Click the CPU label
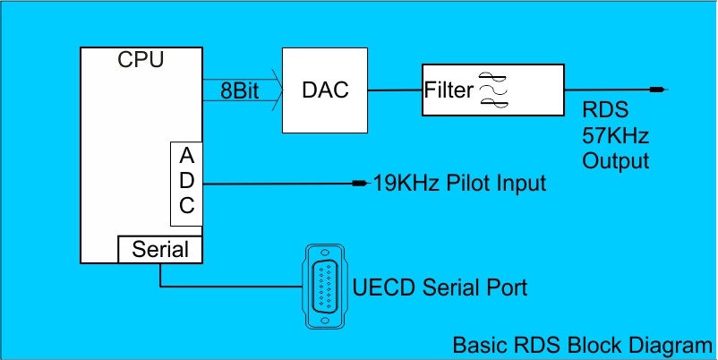141,60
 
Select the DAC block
325,89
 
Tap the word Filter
449,90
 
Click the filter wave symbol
494,90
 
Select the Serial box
160,250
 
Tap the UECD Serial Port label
440,288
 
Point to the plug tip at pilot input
361,184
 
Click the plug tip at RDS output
658,90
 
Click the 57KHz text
615,138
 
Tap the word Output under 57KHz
615,161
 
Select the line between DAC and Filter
394,90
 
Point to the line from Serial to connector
224,287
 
